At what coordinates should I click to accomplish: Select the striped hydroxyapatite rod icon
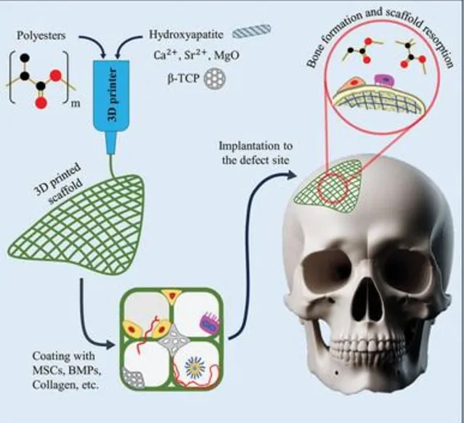[x=256, y=30]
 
